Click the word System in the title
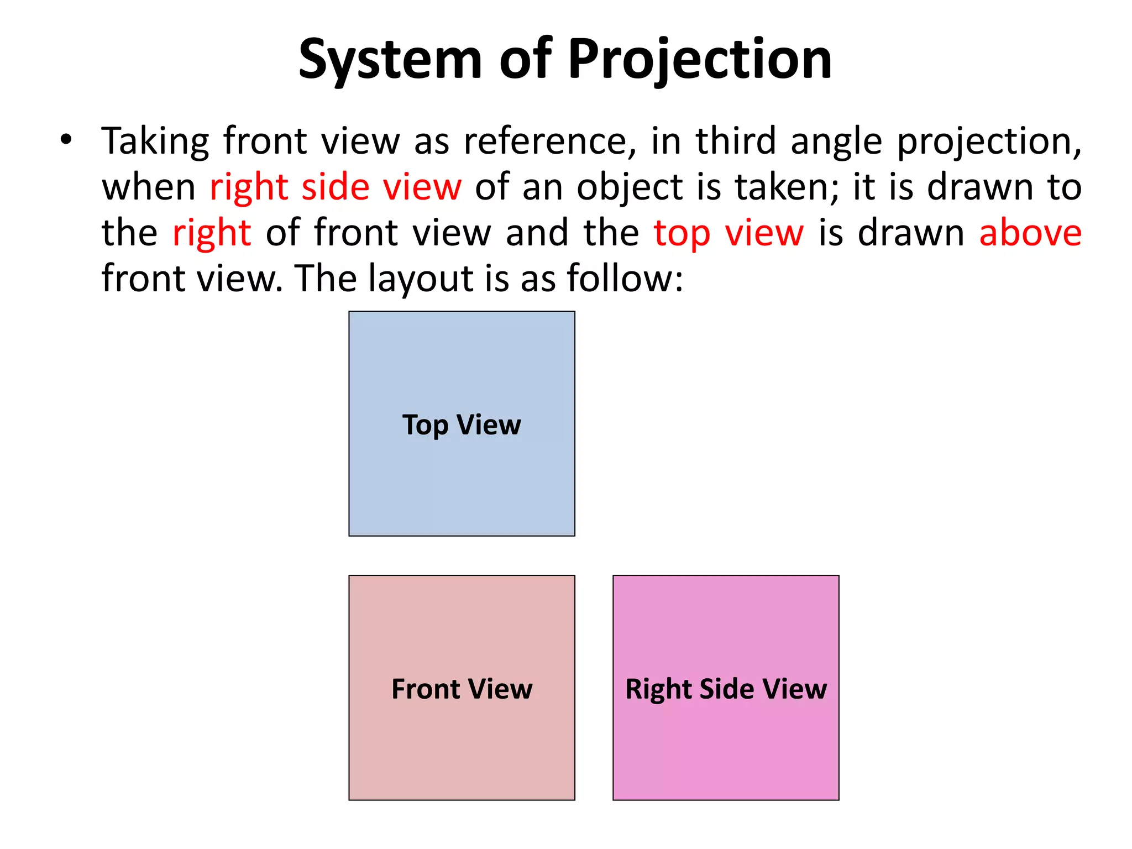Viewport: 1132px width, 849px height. click(x=390, y=60)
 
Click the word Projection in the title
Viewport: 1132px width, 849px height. click(x=699, y=60)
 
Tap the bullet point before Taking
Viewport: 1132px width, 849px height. click(x=66, y=139)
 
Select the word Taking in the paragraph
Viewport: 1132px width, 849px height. click(x=155, y=141)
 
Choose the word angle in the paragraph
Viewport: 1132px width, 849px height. click(x=836, y=143)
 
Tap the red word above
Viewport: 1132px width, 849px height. click(x=1030, y=233)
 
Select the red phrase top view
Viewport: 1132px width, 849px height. click(x=729, y=234)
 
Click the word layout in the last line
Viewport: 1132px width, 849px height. click(x=420, y=279)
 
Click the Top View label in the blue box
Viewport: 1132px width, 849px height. click(x=462, y=425)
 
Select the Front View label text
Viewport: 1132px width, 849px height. click(x=462, y=689)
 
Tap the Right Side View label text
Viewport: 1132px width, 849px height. click(x=726, y=689)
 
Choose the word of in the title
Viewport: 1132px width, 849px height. click(x=526, y=60)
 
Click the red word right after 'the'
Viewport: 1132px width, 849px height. click(x=212, y=234)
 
